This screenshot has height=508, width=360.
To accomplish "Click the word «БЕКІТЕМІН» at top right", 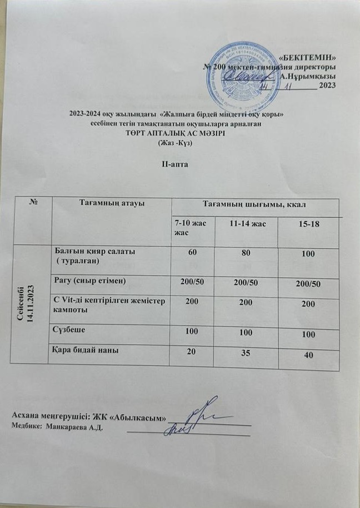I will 307,57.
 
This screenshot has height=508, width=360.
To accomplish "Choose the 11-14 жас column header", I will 247,223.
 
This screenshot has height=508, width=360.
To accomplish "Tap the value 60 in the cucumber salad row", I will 193,253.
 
